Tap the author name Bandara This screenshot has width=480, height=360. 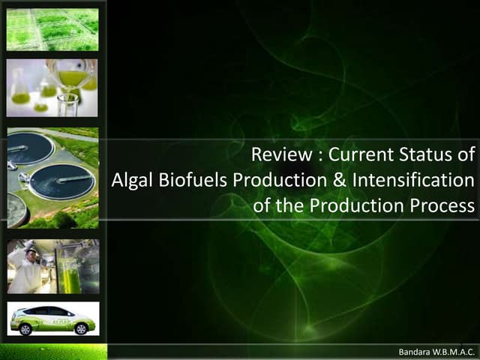420,351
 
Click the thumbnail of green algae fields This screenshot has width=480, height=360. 52,29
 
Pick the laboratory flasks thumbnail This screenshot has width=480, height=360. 52,88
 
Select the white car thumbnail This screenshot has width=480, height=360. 52,318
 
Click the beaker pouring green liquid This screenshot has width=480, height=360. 71,75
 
